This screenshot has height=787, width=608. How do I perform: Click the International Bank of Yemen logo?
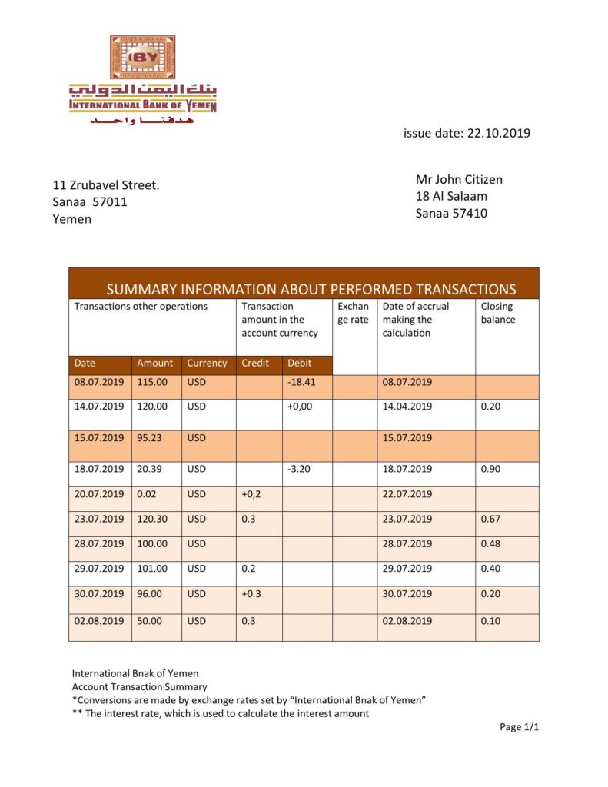[x=142, y=79]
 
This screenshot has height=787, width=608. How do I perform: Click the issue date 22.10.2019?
[x=467, y=133]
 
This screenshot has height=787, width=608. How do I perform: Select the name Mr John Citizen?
[x=459, y=180]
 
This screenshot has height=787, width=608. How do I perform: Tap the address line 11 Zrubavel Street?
[x=106, y=185]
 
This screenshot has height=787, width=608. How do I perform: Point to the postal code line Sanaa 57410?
[x=451, y=214]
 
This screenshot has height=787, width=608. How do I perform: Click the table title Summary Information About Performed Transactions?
[x=311, y=289]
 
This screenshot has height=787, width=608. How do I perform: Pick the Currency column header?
[x=207, y=363]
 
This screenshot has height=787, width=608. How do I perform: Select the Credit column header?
[x=255, y=363]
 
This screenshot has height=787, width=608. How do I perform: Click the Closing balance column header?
[x=497, y=313]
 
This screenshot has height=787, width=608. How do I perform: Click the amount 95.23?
[x=151, y=438]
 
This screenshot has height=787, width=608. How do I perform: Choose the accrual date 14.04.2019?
[x=407, y=407]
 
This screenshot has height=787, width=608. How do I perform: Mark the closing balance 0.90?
[x=490, y=469]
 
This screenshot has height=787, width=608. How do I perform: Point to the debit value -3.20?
[x=298, y=469]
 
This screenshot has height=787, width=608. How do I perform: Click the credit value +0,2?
[x=251, y=494]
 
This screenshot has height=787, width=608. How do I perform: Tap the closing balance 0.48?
[x=490, y=544]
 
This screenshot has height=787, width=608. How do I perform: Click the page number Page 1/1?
[x=519, y=726]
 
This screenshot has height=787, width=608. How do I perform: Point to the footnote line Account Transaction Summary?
[x=139, y=687]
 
